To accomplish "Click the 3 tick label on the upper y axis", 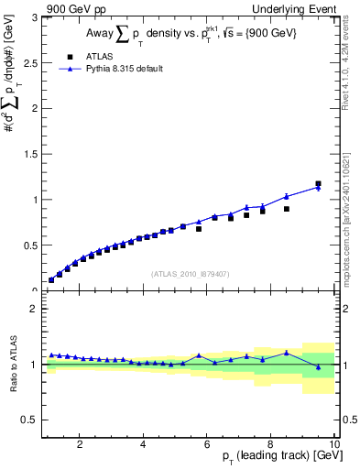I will point(35,17).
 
